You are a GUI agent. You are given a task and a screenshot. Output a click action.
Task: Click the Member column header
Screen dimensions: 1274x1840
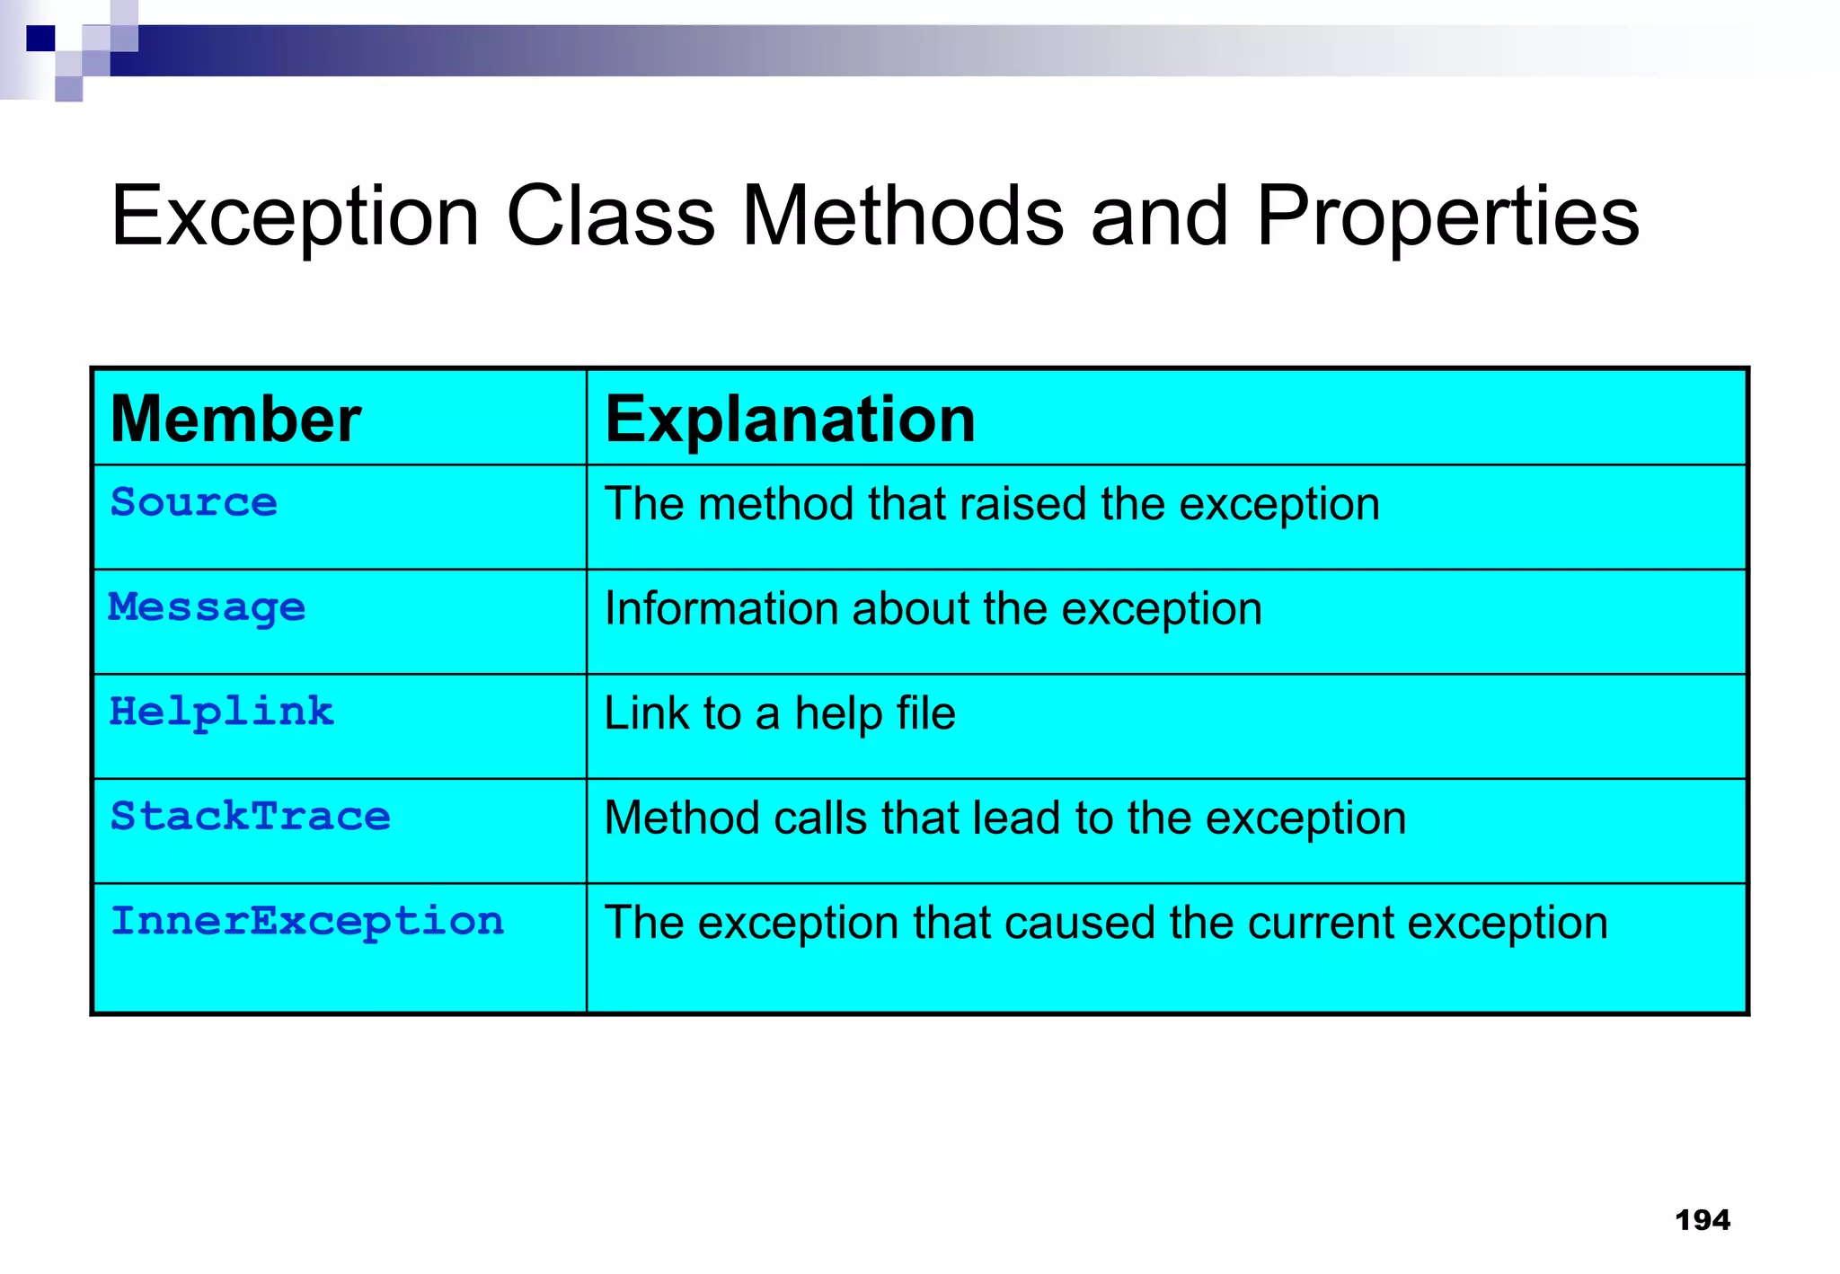235,420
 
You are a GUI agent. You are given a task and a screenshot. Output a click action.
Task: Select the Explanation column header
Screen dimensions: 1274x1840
790,420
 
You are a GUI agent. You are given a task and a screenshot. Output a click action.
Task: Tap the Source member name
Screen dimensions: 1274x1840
193,502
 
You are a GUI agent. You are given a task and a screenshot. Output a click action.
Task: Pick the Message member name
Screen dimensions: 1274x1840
207,608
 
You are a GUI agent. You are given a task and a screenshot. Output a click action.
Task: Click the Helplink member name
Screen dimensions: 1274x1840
221,712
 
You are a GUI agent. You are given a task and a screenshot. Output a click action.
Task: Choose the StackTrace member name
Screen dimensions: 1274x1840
250,817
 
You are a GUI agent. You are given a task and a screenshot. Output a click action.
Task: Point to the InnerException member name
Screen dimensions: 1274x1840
306,922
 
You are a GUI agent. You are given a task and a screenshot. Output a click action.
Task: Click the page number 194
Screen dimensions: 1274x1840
1702,1220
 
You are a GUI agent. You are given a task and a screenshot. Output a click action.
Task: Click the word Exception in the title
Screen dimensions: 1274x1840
295,217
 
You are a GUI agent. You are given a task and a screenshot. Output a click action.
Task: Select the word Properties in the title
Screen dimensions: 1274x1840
1447,217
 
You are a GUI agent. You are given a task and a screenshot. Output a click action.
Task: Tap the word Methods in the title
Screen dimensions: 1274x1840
903,217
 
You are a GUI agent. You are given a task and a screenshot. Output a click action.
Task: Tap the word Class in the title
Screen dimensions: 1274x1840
610,217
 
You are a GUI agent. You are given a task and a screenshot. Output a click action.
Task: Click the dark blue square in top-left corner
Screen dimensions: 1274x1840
40,39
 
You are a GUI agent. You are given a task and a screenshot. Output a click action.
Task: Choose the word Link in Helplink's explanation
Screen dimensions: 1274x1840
646,713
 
